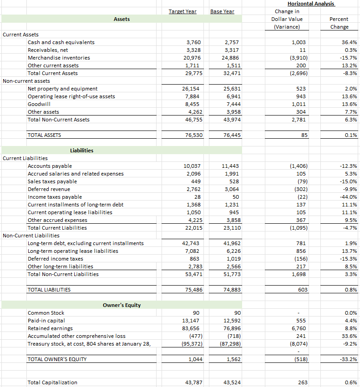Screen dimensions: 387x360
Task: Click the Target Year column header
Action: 183,11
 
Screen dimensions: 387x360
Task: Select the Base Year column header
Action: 222,11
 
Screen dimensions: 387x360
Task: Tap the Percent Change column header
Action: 339,23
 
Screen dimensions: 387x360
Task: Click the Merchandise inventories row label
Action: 59,58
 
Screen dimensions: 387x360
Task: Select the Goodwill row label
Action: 39,104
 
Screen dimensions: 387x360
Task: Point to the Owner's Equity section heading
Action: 122,305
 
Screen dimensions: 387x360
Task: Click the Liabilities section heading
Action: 82,151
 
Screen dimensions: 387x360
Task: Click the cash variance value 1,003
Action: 299,42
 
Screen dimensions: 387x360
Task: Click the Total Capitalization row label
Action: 52,382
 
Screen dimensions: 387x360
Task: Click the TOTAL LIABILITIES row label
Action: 49,290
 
